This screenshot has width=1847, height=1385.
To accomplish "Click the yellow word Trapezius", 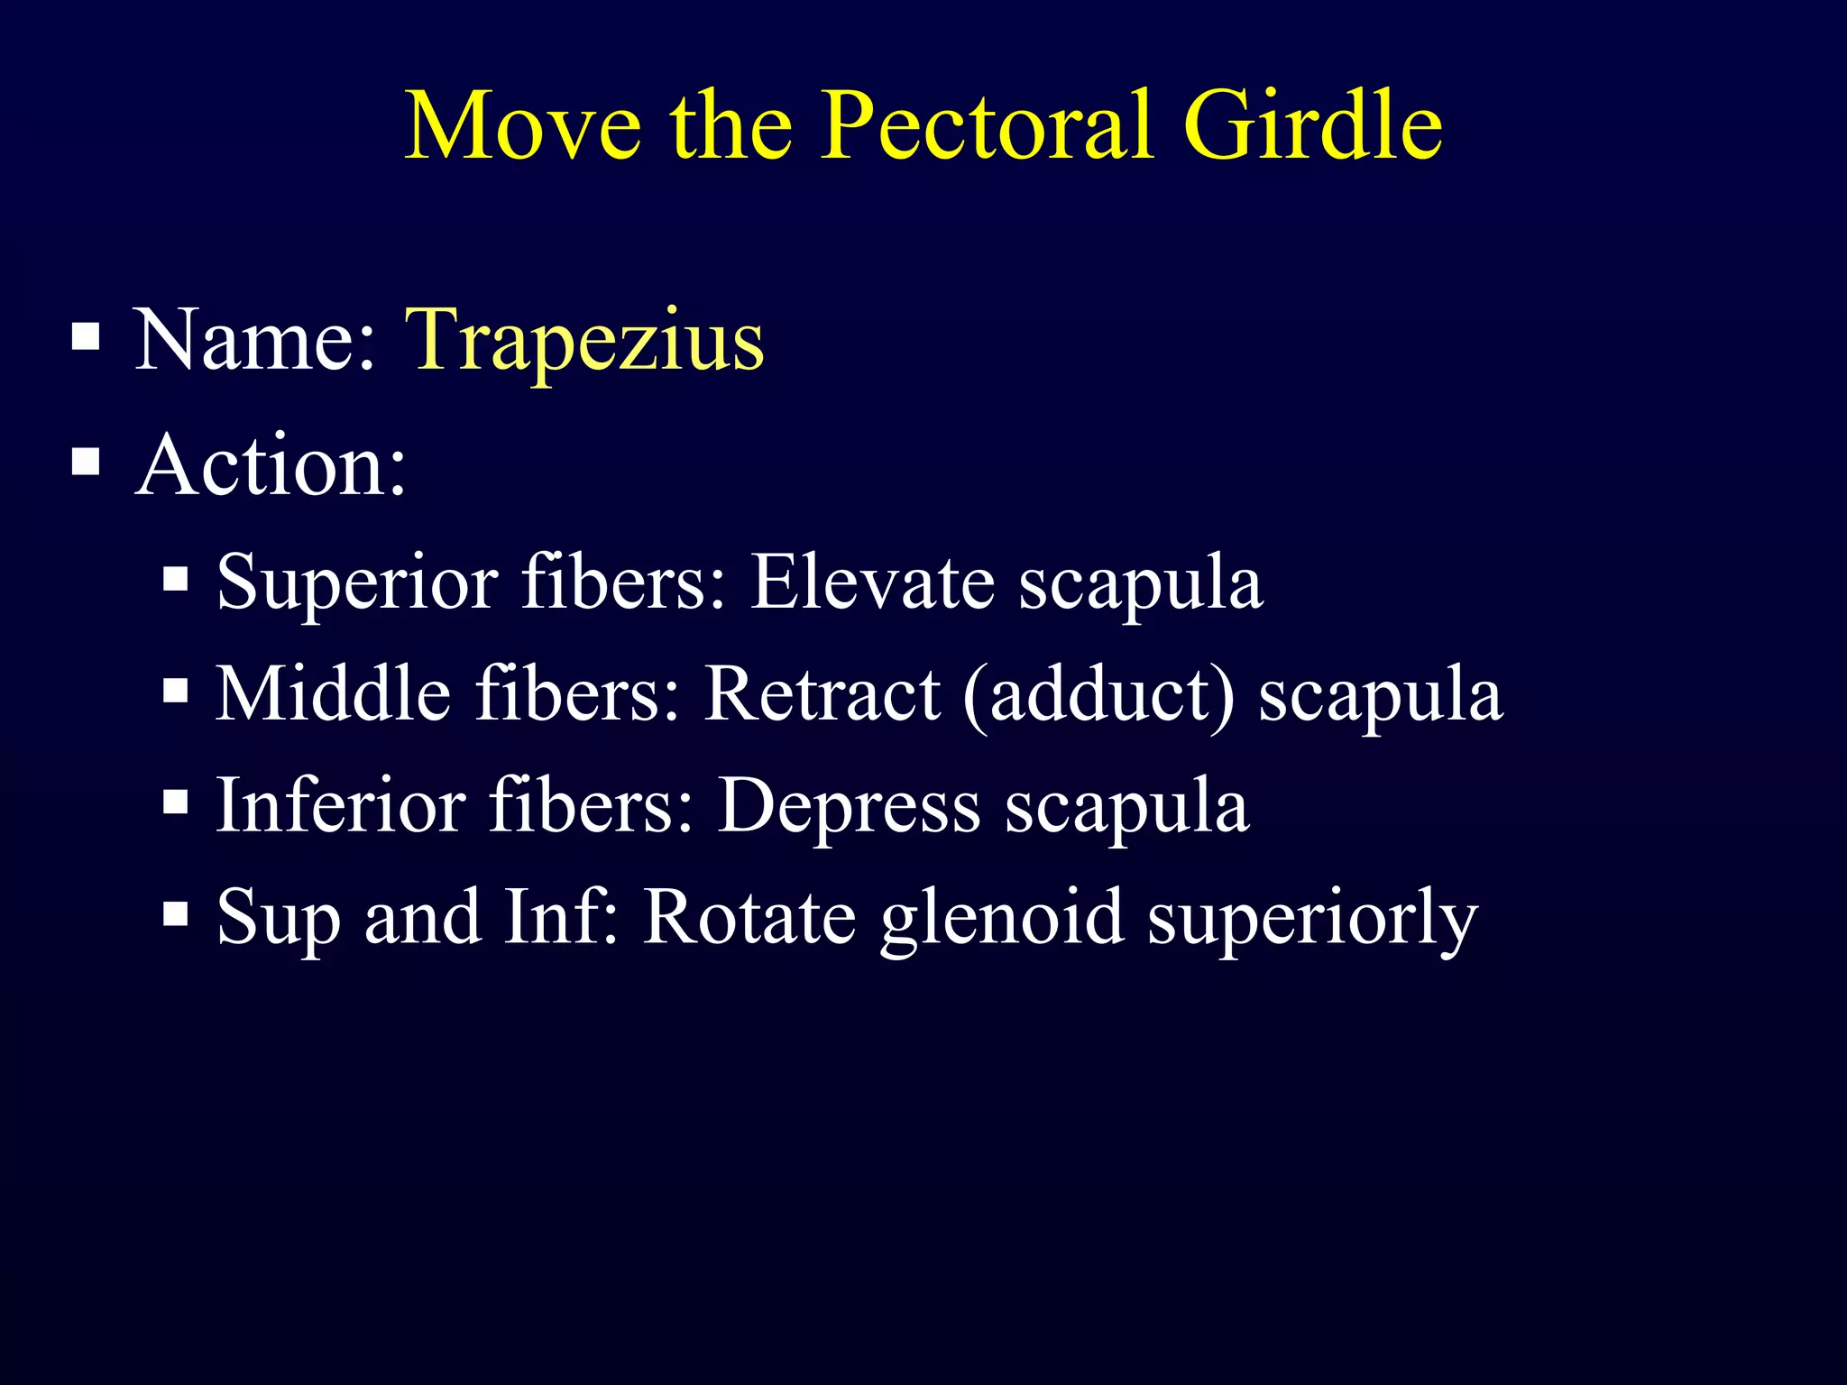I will [x=584, y=341].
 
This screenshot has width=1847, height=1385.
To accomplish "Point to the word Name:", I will [x=254, y=341].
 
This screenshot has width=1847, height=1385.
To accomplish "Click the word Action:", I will [x=271, y=466].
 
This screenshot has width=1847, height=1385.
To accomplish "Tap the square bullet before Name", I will [x=86, y=337].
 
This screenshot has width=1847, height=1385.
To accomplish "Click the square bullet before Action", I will [x=86, y=463].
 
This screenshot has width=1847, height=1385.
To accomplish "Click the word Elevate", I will [x=872, y=582].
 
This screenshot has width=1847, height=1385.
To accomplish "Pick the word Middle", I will [x=333, y=694].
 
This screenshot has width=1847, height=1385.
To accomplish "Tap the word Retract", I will [x=822, y=694].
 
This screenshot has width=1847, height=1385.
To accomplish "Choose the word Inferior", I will [x=341, y=805].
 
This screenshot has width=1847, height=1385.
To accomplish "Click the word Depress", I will [x=849, y=805].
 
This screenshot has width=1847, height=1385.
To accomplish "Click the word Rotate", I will [x=749, y=918].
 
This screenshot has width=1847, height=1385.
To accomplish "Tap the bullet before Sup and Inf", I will [x=176, y=914].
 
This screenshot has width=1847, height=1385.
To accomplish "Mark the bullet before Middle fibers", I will [x=176, y=692].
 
